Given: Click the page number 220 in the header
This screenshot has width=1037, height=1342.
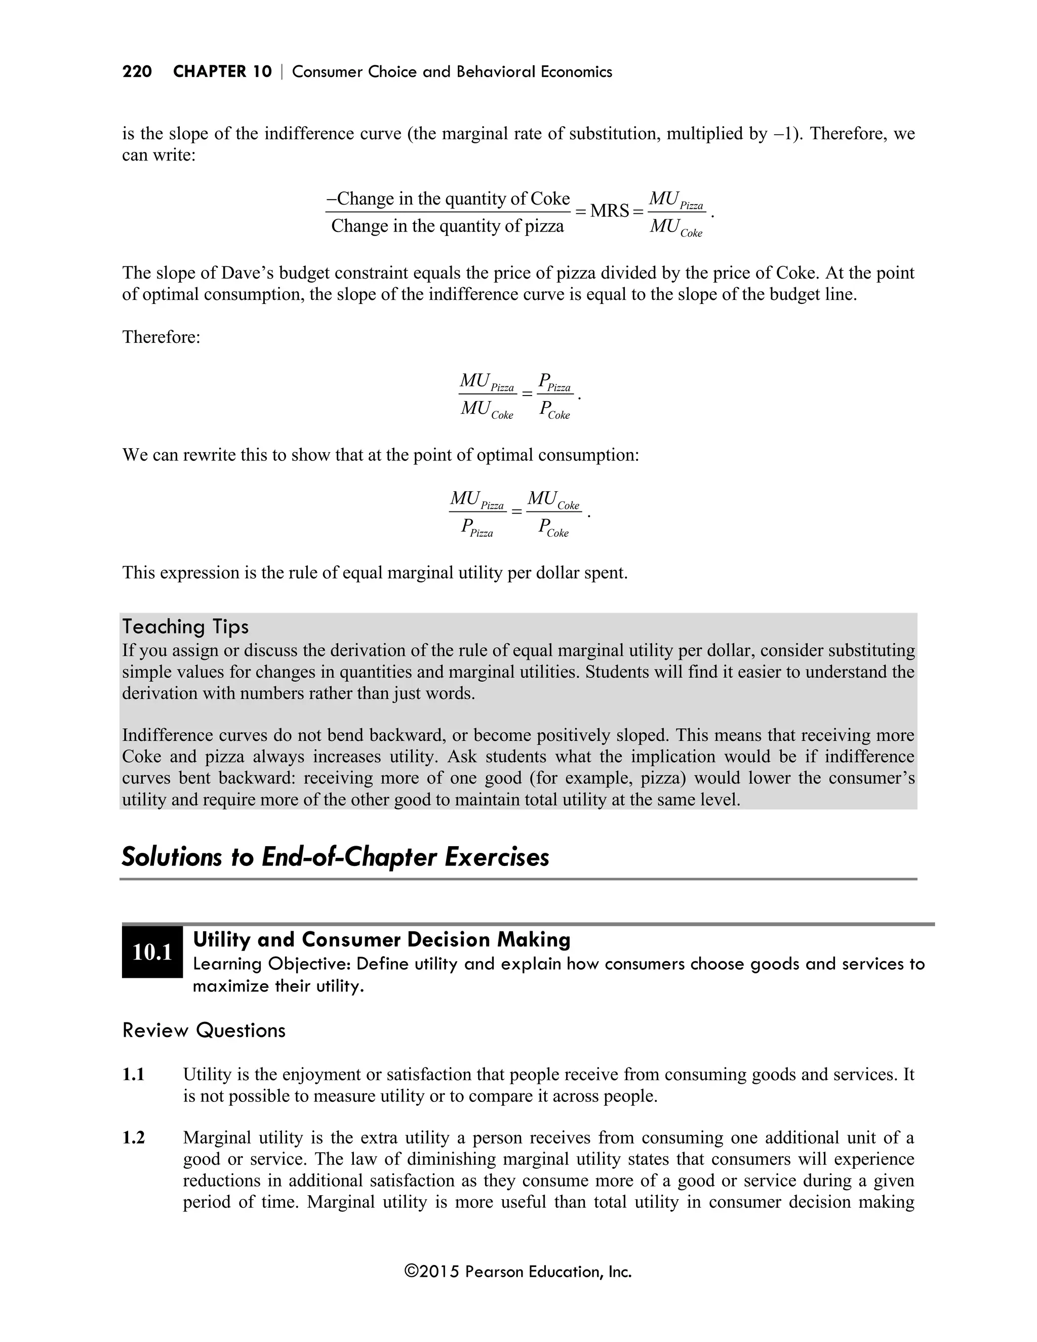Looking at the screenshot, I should point(137,72).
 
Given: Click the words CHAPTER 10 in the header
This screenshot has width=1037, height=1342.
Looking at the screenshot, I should point(222,72).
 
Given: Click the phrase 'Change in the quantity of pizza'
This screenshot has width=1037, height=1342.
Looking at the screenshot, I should point(447,226).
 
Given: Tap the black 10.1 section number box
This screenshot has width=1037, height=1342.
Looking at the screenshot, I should point(152,952).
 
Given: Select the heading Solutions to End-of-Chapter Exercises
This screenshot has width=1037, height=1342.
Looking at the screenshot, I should point(335,856).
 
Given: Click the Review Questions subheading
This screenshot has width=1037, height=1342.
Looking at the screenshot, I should point(204,1031).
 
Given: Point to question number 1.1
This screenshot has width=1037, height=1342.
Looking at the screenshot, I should point(133,1075).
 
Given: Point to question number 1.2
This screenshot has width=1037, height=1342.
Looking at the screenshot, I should point(133,1138).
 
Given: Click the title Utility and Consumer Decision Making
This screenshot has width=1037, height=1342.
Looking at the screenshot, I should point(381,939).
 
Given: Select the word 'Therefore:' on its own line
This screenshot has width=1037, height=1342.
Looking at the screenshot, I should point(161,337).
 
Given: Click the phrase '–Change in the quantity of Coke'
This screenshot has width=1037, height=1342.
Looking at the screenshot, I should point(448,199).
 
